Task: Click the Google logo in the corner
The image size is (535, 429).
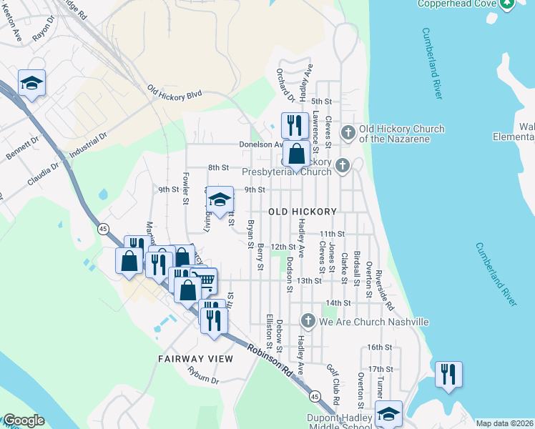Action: click(x=23, y=421)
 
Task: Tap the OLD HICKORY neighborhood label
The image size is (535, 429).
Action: click(x=303, y=212)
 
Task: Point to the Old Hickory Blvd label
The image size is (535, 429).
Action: click(x=175, y=94)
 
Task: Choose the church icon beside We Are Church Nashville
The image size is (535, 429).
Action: click(x=308, y=322)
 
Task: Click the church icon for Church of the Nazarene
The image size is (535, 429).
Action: click(x=348, y=133)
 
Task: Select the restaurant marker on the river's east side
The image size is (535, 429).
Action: click(x=448, y=374)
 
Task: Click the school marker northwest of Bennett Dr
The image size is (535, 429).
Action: click(x=31, y=83)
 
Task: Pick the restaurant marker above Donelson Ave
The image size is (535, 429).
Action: click(x=294, y=125)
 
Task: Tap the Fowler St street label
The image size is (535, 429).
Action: click(x=185, y=191)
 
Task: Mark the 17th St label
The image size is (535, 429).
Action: click(x=376, y=369)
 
